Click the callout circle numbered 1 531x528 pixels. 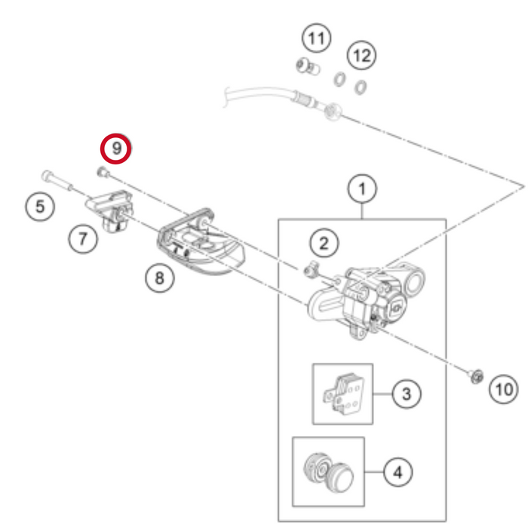[x=362, y=189]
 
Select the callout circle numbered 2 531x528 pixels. [x=323, y=243]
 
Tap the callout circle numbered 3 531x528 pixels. [x=406, y=393]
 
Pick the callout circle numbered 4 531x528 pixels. [x=398, y=473]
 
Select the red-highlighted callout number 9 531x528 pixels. [x=117, y=149]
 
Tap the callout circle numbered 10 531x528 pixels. [x=504, y=388]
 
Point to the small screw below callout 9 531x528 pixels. [x=103, y=173]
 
